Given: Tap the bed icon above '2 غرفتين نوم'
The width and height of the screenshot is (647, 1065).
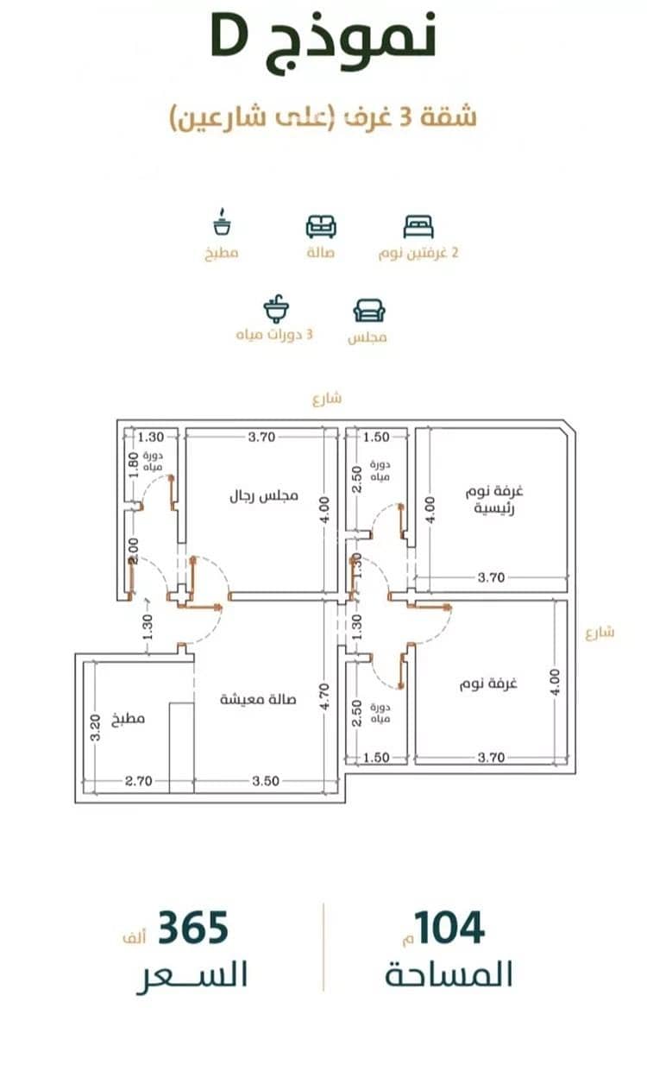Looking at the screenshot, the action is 418,227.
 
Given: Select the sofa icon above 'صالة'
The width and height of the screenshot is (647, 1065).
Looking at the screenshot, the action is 321,227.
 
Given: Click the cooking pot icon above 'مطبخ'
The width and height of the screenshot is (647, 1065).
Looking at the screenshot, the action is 222,222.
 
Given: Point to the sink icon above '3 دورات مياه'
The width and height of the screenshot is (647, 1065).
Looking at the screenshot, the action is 276,309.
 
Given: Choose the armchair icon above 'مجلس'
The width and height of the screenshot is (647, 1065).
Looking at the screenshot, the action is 369,311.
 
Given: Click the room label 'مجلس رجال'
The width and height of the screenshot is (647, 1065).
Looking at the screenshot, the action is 264,496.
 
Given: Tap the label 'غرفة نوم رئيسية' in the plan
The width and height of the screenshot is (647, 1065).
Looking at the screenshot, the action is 494,500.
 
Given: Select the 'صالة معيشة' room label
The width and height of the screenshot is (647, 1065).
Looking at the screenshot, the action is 258,699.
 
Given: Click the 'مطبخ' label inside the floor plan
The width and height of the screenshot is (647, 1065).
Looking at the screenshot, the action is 128,718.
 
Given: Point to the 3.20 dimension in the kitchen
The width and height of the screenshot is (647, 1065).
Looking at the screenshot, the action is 95,728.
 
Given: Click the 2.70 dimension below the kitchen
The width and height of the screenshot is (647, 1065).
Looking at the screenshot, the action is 138,781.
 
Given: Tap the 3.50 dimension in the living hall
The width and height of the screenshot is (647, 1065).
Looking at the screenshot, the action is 266,781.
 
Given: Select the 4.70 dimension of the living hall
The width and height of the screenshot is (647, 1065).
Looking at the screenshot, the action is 324,696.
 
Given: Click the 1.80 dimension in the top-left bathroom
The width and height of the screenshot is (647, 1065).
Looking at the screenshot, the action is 134,464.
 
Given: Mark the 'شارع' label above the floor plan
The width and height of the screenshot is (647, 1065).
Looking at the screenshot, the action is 327,398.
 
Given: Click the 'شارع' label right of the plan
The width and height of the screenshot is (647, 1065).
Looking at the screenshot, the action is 600,633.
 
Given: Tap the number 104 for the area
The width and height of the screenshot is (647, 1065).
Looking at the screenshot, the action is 449,927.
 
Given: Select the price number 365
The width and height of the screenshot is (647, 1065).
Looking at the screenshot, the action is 193,927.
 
